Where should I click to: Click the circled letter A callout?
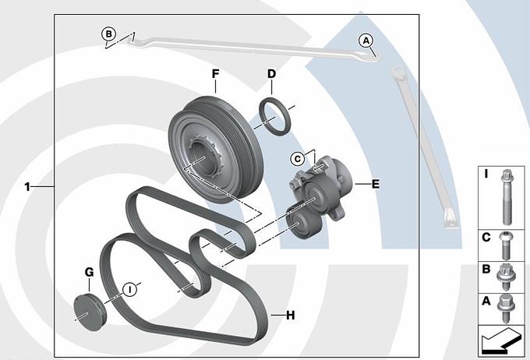point(366,41)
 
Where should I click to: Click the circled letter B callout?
point(109,34)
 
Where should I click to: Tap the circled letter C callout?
point(297,159)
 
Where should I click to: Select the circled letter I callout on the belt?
point(130,289)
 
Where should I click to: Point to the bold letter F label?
point(215,74)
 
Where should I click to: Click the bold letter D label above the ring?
point(271,74)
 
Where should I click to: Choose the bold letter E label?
point(375,185)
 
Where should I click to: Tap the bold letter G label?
point(89,272)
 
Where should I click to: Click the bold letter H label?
point(290,316)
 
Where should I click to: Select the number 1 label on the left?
point(27,187)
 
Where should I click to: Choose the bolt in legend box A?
point(503,307)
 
